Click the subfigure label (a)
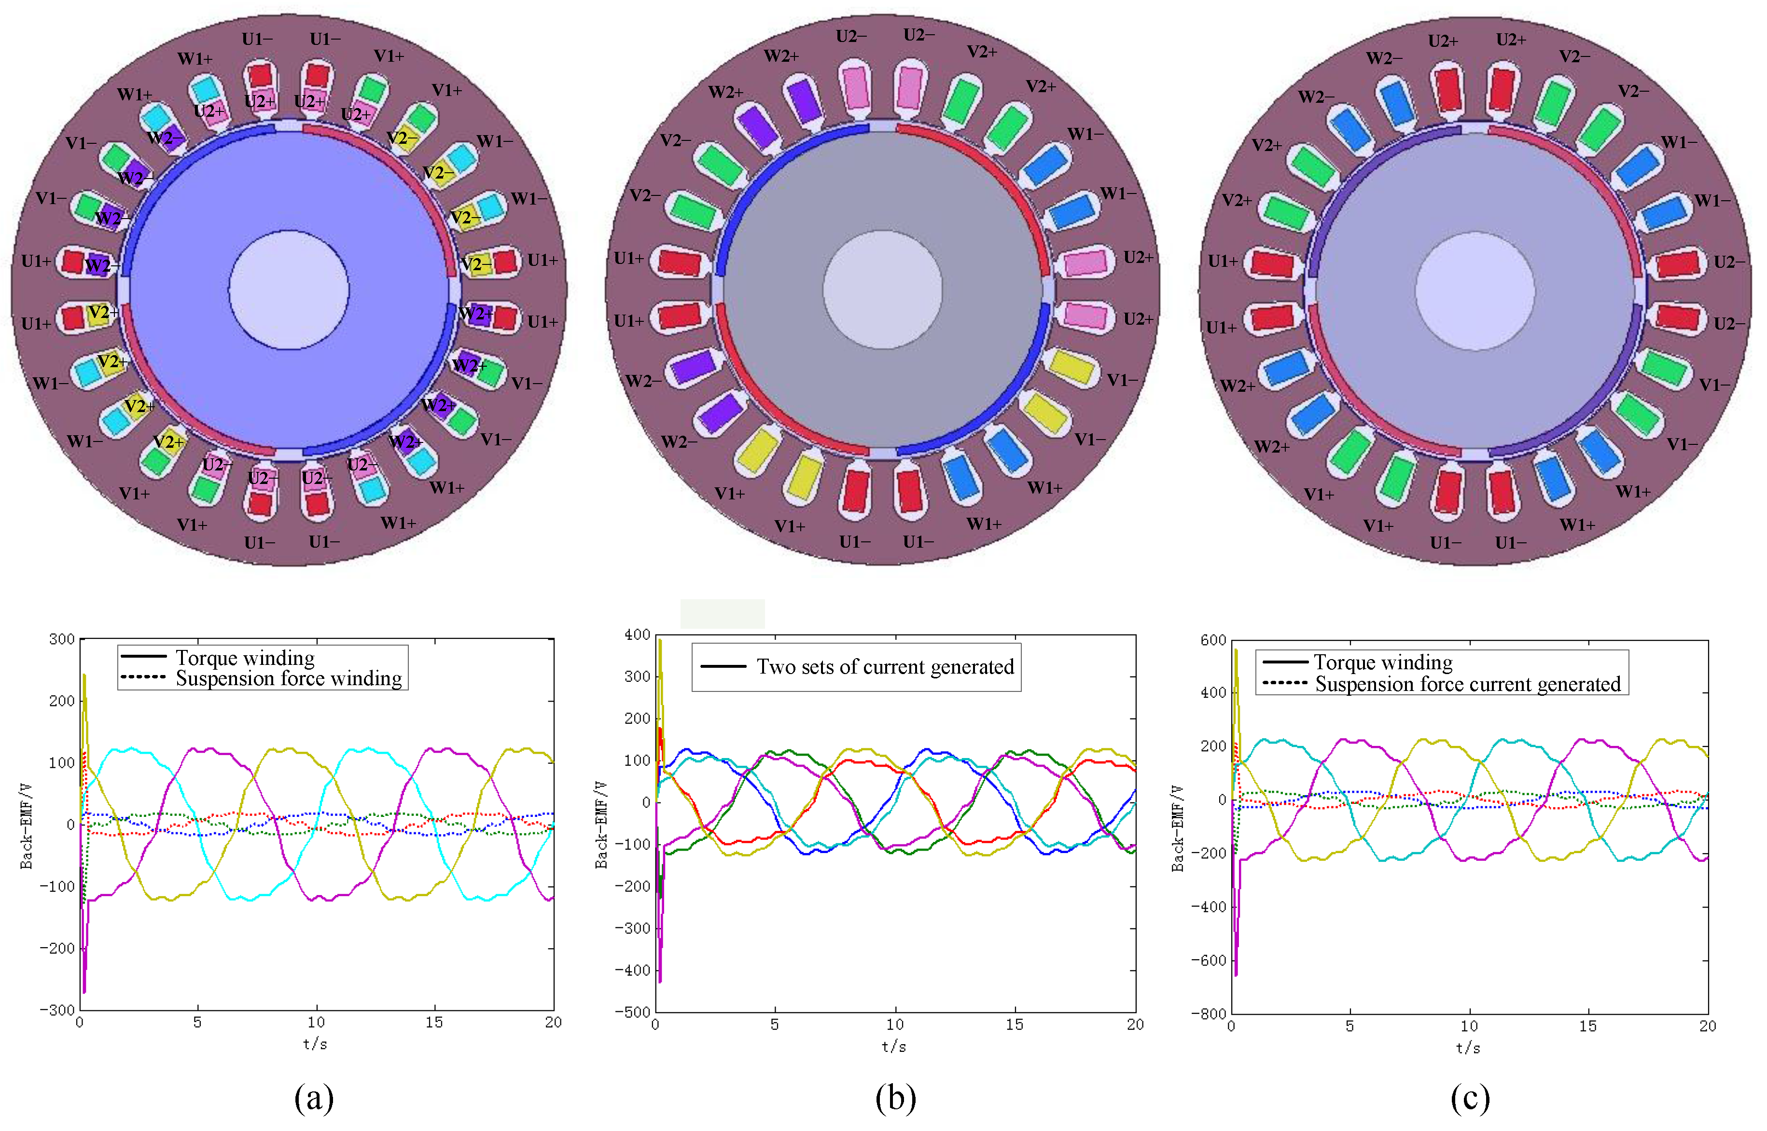314,1098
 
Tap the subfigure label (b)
895,1098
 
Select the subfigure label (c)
1470,1098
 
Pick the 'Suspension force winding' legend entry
289,678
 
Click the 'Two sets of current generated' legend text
885,667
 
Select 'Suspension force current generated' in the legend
1467,685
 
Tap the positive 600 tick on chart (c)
1213,640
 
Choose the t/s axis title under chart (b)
894,1047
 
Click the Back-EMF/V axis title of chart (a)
27,826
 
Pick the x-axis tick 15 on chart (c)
1588,1026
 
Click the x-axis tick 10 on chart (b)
894,1024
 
